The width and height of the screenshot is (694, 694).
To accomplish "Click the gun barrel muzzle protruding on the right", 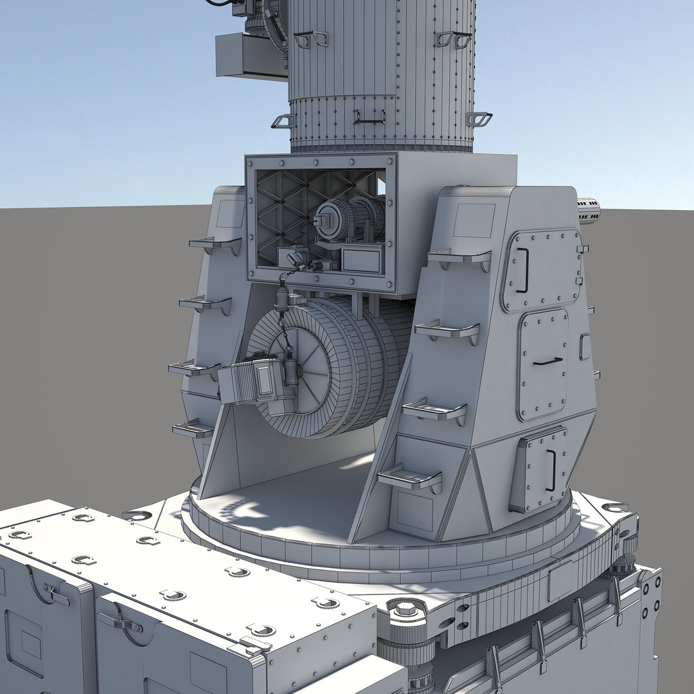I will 589,211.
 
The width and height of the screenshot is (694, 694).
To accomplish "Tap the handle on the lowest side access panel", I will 551,470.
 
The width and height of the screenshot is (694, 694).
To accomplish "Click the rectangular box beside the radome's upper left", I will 251,56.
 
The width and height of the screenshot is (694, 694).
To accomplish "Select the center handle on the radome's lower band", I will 369,117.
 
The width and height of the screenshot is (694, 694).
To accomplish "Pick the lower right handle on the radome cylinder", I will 479,119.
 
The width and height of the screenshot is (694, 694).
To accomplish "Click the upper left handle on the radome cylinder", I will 311,39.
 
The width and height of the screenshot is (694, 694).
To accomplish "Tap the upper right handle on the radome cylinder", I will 454,39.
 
